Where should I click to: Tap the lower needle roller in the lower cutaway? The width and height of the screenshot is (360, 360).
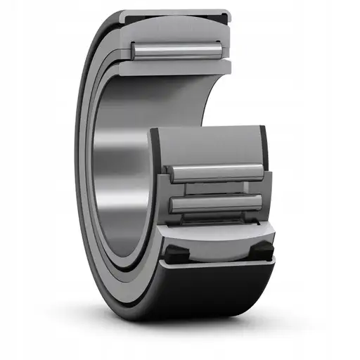click(x=218, y=203)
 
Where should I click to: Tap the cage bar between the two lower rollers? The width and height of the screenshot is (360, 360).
click(x=218, y=188)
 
